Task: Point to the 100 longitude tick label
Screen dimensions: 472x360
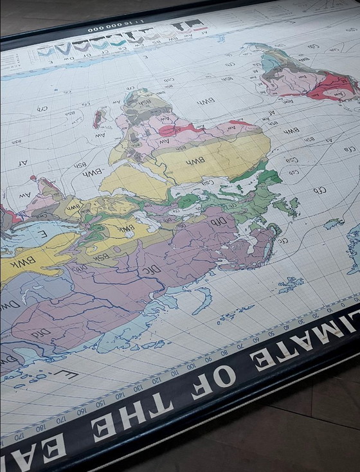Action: (191, 367)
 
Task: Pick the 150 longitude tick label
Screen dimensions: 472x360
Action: (102, 404)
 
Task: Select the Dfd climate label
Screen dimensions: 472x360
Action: (42, 314)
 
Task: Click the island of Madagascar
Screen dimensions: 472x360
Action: (100, 118)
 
